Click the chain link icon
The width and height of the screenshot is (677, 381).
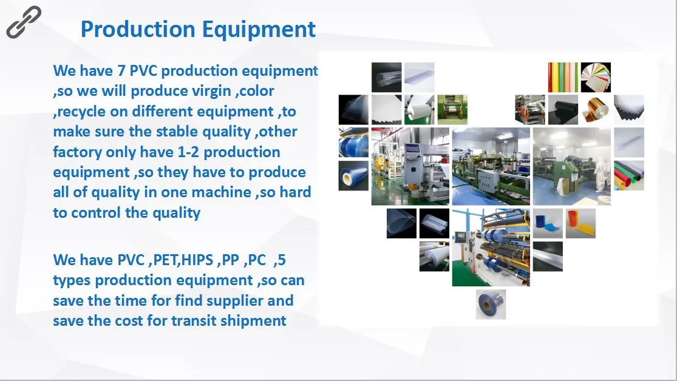click(24, 22)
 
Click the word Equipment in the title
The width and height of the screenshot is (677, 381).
click(259, 29)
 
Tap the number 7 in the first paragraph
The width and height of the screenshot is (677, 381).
click(121, 70)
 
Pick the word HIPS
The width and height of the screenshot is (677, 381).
click(197, 260)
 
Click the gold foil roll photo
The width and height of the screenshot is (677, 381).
click(596, 110)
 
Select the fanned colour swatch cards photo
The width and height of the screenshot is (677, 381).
click(596, 77)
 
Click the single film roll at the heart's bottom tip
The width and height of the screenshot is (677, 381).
click(491, 305)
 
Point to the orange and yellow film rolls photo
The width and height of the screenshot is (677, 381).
click(580, 223)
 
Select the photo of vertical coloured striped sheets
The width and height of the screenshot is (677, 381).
click(563, 77)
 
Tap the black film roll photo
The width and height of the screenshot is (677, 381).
click(563, 110)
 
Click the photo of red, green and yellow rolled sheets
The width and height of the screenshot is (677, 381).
click(629, 175)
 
